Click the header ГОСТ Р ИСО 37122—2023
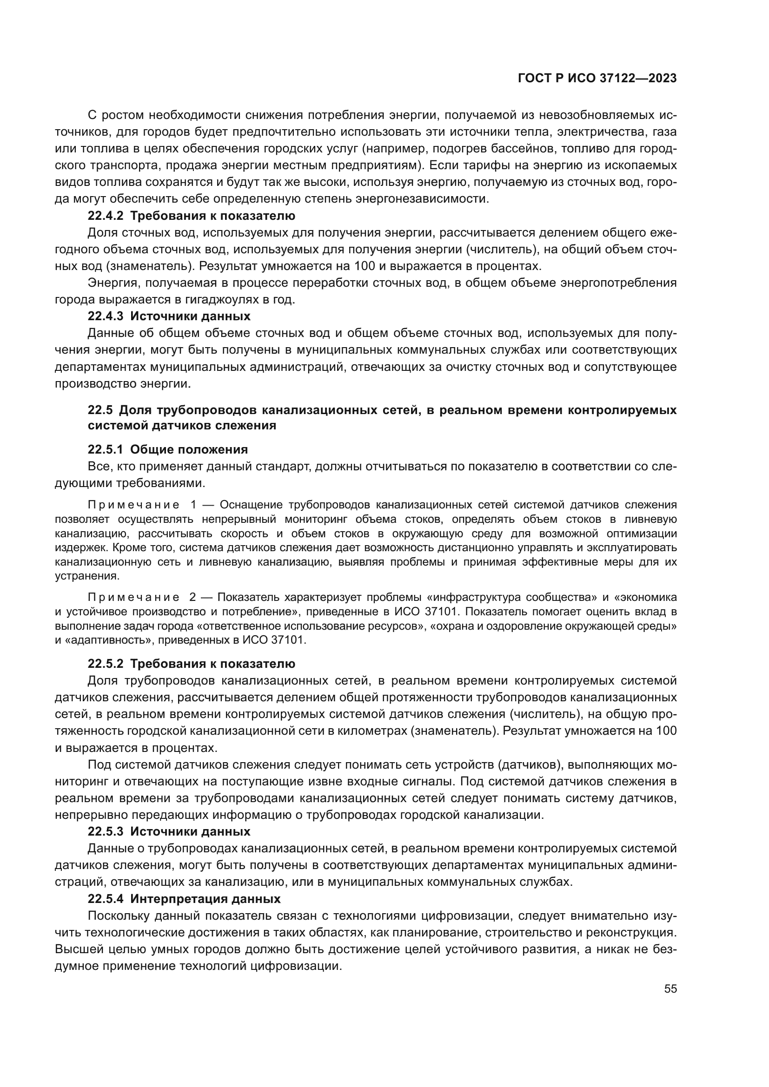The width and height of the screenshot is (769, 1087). (x=597, y=79)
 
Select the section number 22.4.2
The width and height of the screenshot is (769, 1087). (x=105, y=216)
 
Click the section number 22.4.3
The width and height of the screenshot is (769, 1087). (x=105, y=316)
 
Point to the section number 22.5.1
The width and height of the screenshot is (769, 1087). (x=105, y=449)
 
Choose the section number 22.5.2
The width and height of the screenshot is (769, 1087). (x=105, y=664)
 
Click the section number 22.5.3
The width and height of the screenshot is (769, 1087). (x=105, y=831)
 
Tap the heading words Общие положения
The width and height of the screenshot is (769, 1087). (x=189, y=449)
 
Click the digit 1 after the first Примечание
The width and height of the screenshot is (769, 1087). (x=193, y=505)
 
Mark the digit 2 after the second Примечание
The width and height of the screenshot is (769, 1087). (x=193, y=598)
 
